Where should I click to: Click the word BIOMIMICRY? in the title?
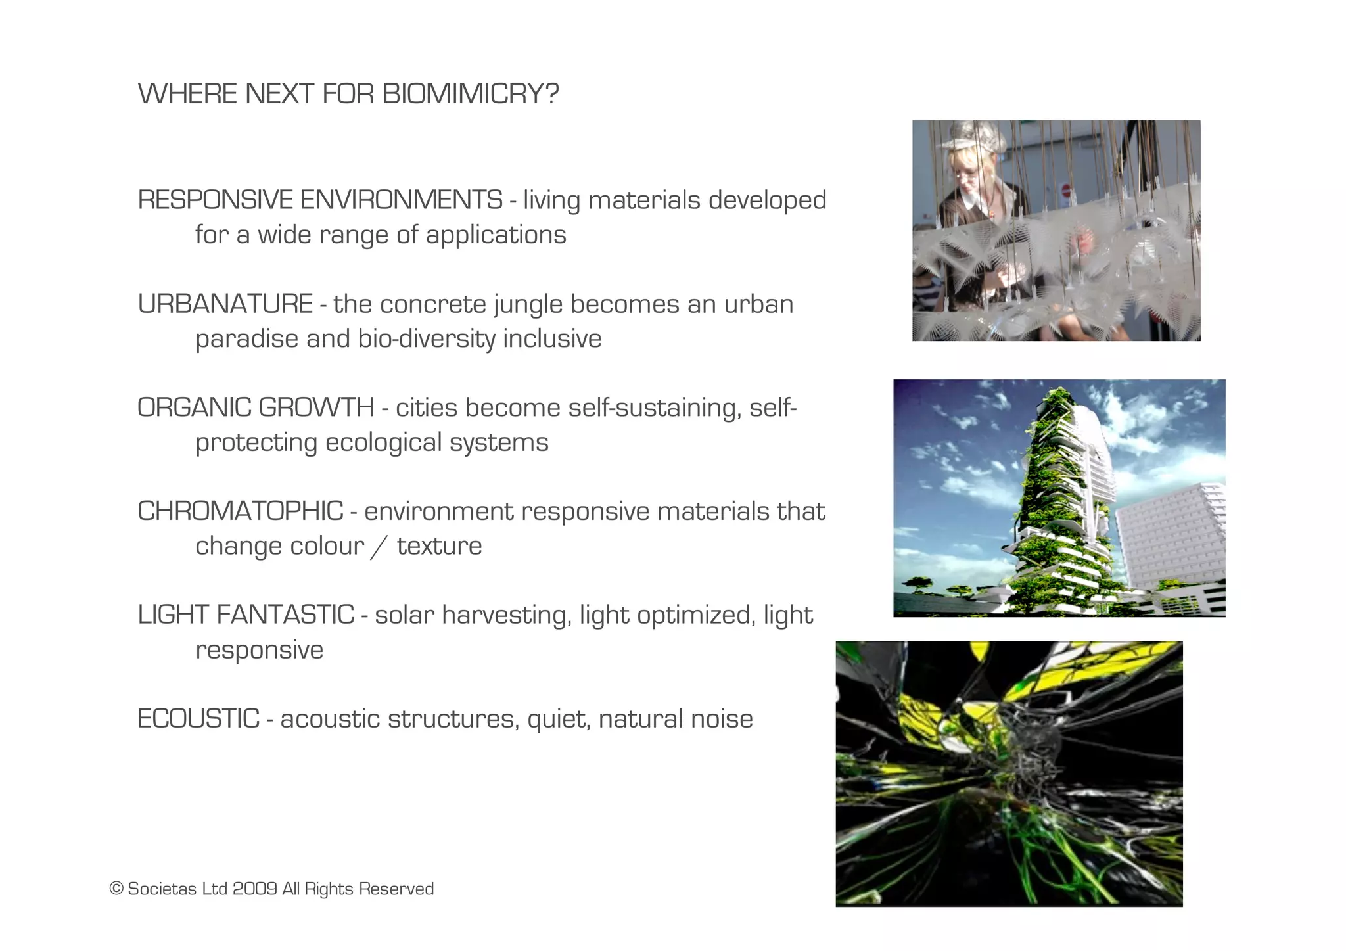pos(470,94)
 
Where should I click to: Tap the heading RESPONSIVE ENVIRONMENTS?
pos(320,200)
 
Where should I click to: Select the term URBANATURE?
pos(225,304)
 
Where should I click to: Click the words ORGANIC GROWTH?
pos(256,407)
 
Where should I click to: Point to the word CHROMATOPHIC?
pos(240,511)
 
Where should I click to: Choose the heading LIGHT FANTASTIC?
pos(246,615)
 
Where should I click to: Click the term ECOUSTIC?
pos(198,718)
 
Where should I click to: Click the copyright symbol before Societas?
pos(116,889)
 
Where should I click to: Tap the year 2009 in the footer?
pos(254,889)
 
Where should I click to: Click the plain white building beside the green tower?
pos(1173,536)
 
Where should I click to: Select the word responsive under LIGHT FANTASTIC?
pos(260,651)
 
